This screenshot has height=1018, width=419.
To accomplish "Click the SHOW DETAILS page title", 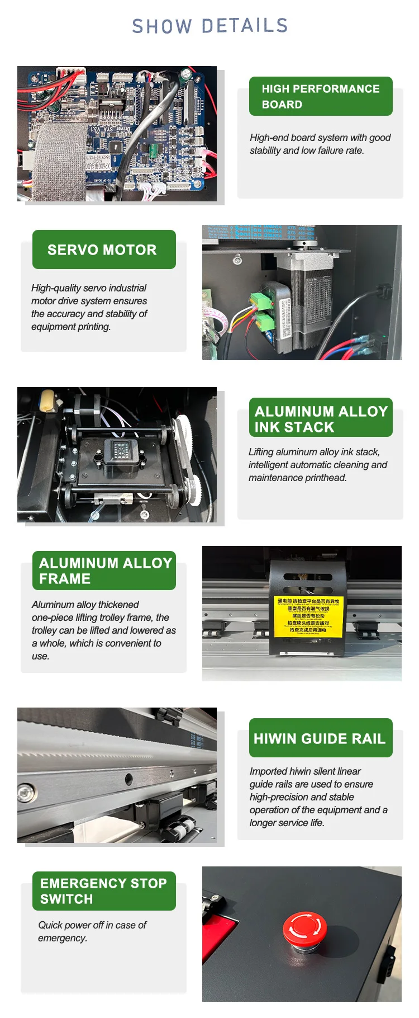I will coord(209,26).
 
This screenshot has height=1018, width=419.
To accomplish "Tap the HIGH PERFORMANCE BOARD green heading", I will coord(321,96).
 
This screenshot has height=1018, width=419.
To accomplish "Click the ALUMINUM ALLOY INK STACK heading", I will coord(321,419).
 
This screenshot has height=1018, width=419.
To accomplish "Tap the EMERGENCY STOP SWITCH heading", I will coord(103,891).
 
